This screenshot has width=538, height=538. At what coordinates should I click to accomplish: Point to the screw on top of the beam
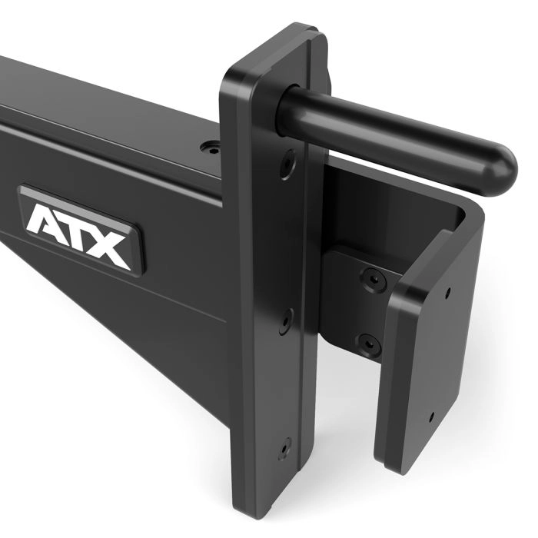211,144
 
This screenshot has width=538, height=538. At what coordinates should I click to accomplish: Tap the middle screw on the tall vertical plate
286,314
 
